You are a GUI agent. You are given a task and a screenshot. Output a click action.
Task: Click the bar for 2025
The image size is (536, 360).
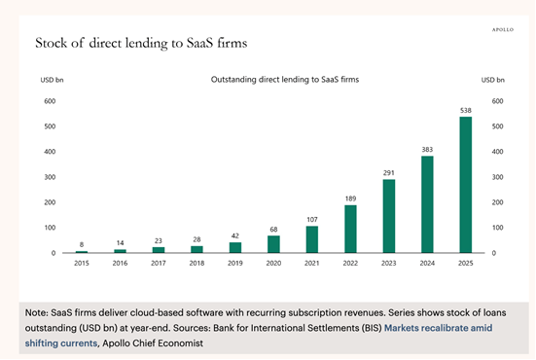tap(466, 185)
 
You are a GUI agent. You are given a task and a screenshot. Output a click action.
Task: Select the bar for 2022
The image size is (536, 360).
tap(350, 229)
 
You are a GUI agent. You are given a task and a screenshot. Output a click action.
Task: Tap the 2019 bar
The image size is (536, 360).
tap(235, 247)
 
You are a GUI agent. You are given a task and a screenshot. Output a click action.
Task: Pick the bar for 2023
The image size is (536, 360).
tap(389, 216)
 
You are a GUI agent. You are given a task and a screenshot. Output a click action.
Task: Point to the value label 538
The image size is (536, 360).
tap(466, 110)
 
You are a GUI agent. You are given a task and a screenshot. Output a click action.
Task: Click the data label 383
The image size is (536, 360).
tap(427, 150)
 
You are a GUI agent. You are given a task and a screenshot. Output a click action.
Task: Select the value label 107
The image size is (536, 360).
tap(312, 220)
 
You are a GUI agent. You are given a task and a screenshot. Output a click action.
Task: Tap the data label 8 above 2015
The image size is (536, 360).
tap(82, 244)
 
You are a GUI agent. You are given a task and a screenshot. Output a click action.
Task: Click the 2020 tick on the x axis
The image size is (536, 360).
tap(273, 263)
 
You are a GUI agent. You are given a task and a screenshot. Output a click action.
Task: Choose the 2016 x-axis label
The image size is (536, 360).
tap(120, 263)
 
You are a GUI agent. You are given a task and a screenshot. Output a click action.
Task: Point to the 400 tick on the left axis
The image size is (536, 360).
tap(50, 152)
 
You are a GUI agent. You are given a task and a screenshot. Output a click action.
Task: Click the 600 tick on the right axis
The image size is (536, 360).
tap(497, 101)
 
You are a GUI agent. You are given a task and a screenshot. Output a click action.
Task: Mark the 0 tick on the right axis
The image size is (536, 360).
tap(494, 253)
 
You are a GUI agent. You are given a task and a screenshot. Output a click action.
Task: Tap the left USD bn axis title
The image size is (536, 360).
tap(52, 80)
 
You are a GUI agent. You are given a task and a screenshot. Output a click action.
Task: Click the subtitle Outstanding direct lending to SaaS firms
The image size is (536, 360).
tap(285, 80)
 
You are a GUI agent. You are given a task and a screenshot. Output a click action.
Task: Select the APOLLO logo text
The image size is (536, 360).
tap(503, 30)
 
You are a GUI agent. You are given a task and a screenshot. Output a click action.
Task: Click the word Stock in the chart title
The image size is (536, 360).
tap(52, 43)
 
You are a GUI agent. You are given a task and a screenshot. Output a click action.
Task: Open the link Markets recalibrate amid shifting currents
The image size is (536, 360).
tap(259, 336)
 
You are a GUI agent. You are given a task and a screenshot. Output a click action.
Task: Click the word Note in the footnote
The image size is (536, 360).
tap(36, 313)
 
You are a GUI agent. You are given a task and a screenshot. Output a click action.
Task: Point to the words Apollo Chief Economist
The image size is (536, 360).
tap(153, 342)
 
